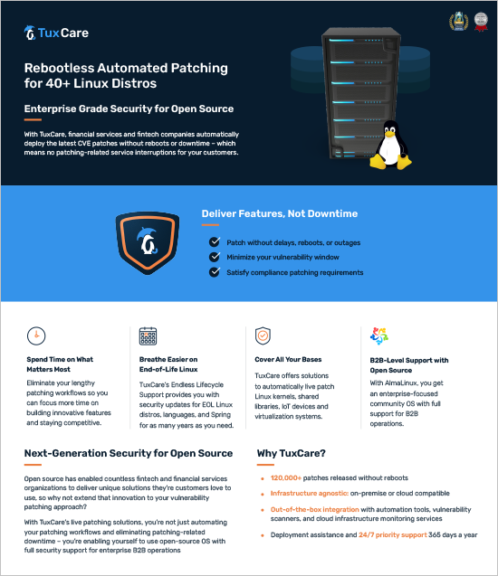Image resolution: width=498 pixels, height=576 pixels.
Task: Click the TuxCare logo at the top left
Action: pos(56,33)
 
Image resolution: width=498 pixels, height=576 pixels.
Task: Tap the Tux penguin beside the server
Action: pos(390,145)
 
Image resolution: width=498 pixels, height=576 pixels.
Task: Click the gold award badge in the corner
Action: pos(459,22)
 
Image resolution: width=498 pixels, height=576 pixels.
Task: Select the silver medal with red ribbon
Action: pos(481,22)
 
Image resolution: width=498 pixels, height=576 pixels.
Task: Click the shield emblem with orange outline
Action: pos(148,242)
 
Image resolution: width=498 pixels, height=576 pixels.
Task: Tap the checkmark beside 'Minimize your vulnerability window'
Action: pos(215,257)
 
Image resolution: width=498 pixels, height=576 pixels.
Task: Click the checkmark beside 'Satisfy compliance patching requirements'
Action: pos(215,272)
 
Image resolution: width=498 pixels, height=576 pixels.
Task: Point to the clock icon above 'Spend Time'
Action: pos(36,335)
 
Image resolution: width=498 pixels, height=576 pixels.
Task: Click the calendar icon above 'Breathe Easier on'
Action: pos(148,336)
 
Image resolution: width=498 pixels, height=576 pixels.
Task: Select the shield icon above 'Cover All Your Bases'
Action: pos(263,335)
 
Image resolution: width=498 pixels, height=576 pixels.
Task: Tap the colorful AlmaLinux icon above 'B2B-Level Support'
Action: pos(379,335)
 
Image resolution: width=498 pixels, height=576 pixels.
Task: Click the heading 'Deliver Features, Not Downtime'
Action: pos(280,213)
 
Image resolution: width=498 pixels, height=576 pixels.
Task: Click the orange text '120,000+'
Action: pos(286,478)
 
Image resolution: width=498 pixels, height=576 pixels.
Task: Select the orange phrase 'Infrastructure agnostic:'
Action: pos(310,494)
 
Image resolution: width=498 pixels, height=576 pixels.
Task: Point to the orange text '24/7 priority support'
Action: pos(393,535)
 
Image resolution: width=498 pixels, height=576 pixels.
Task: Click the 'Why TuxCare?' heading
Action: pos(292,453)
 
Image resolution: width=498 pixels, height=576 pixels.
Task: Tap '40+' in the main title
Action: pos(57,83)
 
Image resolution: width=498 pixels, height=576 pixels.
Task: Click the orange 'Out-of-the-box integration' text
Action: pos(314,509)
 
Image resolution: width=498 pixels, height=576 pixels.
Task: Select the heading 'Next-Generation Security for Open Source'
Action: pos(129,453)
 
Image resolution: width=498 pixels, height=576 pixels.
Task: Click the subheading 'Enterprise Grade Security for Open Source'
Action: pos(129,109)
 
